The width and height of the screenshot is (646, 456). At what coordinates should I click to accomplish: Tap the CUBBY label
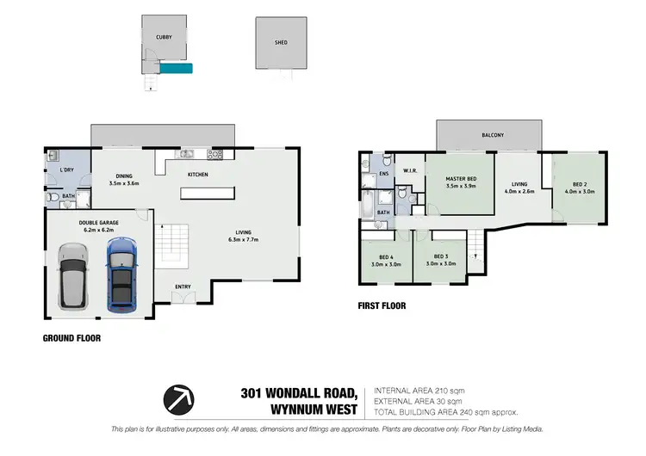click(x=163, y=38)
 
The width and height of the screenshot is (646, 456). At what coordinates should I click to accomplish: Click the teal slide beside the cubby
click(x=177, y=67)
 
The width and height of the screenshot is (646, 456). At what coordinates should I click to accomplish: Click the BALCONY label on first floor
click(x=493, y=135)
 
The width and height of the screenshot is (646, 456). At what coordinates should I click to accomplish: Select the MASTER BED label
click(x=461, y=178)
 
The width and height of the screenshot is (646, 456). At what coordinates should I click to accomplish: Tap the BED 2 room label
click(x=581, y=183)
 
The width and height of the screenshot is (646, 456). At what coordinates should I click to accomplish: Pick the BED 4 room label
click(x=386, y=256)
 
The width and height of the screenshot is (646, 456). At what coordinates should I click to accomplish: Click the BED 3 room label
click(x=440, y=256)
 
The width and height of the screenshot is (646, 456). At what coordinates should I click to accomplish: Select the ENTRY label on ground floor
click(x=183, y=287)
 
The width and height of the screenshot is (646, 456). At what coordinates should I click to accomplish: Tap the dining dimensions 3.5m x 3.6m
click(x=124, y=183)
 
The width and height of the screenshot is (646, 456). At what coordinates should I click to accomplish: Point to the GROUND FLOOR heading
click(x=71, y=338)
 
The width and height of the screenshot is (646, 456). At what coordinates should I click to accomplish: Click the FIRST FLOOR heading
click(x=382, y=305)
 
